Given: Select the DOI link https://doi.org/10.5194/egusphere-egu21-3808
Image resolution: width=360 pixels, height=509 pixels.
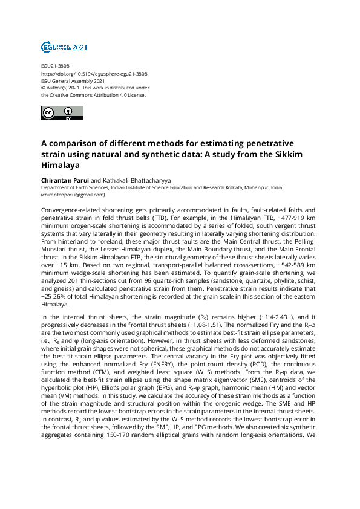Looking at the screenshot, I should [94, 74].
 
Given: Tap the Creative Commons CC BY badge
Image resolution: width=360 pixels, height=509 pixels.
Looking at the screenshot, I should [57, 113].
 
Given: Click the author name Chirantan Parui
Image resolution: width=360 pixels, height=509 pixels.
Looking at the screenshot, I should [64, 180].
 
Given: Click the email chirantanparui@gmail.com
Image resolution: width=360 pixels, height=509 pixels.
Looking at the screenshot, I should [73, 195].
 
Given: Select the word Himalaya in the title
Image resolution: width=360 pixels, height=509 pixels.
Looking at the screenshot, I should [60, 164].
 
